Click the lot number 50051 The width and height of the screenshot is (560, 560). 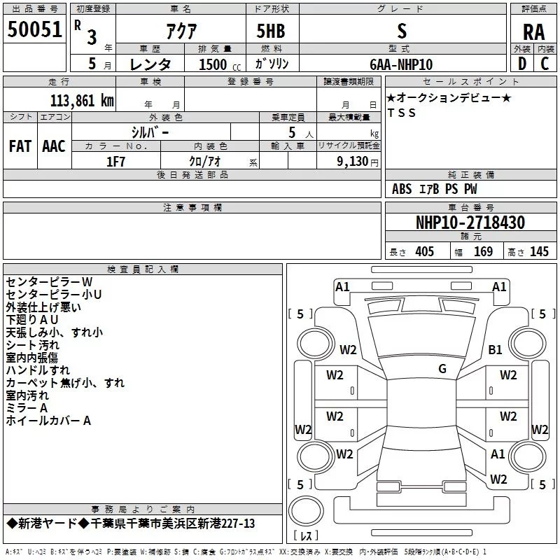(34, 29)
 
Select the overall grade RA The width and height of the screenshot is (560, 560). (533, 32)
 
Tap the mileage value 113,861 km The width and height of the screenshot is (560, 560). (82, 101)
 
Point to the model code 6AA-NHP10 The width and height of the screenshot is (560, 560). (401, 64)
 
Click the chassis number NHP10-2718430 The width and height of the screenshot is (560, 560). (470, 223)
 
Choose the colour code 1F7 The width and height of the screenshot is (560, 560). (115, 162)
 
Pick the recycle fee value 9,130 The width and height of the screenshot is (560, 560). (353, 162)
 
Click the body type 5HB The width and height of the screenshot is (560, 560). (271, 31)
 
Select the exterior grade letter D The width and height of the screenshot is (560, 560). (521, 64)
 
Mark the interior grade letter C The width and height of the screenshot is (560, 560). (545, 64)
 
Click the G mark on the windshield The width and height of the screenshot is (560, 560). (442, 369)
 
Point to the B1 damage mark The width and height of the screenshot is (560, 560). (495, 349)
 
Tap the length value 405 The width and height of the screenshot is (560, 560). (424, 251)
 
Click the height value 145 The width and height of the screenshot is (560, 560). (539, 251)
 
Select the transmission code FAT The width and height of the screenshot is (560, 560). (20, 146)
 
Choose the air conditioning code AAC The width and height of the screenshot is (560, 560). (54, 146)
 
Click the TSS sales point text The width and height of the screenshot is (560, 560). (401, 113)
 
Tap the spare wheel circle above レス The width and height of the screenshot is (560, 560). (306, 511)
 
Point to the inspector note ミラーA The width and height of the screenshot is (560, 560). (27, 408)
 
